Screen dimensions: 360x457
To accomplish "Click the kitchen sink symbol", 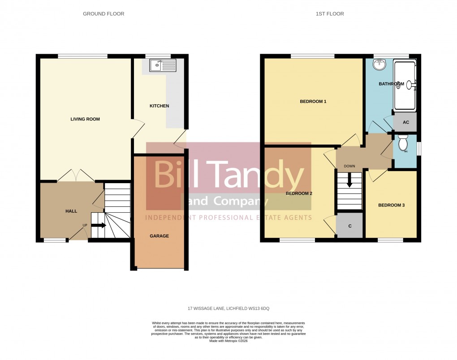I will point(163,65).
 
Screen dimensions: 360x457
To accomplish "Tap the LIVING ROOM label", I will point(85,119).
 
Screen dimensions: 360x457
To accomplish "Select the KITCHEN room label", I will point(159,106).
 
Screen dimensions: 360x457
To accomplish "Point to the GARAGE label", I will point(159,236).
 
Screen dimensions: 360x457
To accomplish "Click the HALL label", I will point(71,211).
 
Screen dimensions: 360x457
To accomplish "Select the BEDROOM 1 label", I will point(313,102).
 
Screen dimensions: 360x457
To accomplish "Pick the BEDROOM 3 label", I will point(391,206).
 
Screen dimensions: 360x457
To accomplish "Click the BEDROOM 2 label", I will point(299,193).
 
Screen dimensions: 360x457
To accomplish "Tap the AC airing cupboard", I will point(405,122).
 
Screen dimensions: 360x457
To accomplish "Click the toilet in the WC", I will point(402,143).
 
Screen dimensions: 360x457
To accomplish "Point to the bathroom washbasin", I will point(379,65).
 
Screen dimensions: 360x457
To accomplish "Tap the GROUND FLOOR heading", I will point(103,14).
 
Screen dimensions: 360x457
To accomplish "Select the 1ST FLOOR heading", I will point(329,14).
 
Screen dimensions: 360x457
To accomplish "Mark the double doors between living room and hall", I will point(75,176).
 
